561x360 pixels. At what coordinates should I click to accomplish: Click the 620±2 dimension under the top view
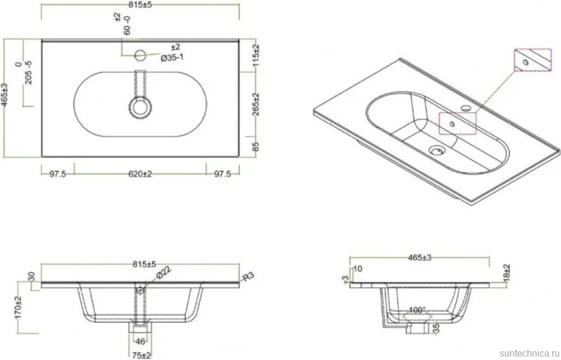[140, 174]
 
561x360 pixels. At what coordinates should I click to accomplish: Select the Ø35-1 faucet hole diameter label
[172, 57]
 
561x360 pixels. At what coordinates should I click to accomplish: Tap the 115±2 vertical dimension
[256, 56]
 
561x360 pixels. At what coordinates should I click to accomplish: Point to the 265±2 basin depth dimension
[256, 104]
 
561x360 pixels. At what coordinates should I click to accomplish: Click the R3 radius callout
[248, 277]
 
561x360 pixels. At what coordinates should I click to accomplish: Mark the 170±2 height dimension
[19, 307]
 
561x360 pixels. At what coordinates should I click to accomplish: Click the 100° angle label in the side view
[417, 310]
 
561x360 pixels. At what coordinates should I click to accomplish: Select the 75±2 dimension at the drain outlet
[142, 355]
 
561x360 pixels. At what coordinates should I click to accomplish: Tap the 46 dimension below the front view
[141, 341]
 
